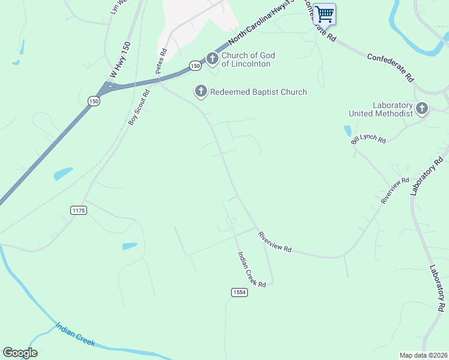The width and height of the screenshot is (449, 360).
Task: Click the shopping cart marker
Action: (324, 14)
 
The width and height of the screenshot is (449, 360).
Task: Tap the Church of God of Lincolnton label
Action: (246, 60)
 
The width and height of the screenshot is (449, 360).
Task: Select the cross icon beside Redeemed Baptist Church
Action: (200, 91)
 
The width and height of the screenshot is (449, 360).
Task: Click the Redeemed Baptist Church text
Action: (258, 92)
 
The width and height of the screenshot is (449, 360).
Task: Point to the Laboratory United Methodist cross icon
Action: (422, 109)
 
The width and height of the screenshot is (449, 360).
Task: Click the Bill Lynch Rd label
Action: (369, 139)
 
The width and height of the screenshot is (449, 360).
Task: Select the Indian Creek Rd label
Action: (252, 269)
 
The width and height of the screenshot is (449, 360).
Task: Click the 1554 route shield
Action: (239, 292)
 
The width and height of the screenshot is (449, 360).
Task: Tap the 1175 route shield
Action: (79, 209)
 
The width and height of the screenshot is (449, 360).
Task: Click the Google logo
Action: (20, 353)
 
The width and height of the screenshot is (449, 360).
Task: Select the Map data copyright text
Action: (423, 355)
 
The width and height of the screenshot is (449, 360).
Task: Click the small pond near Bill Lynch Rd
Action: (348, 130)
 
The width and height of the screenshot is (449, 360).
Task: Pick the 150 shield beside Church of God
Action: (194, 65)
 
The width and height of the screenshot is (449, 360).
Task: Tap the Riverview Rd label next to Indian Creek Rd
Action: (274, 242)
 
